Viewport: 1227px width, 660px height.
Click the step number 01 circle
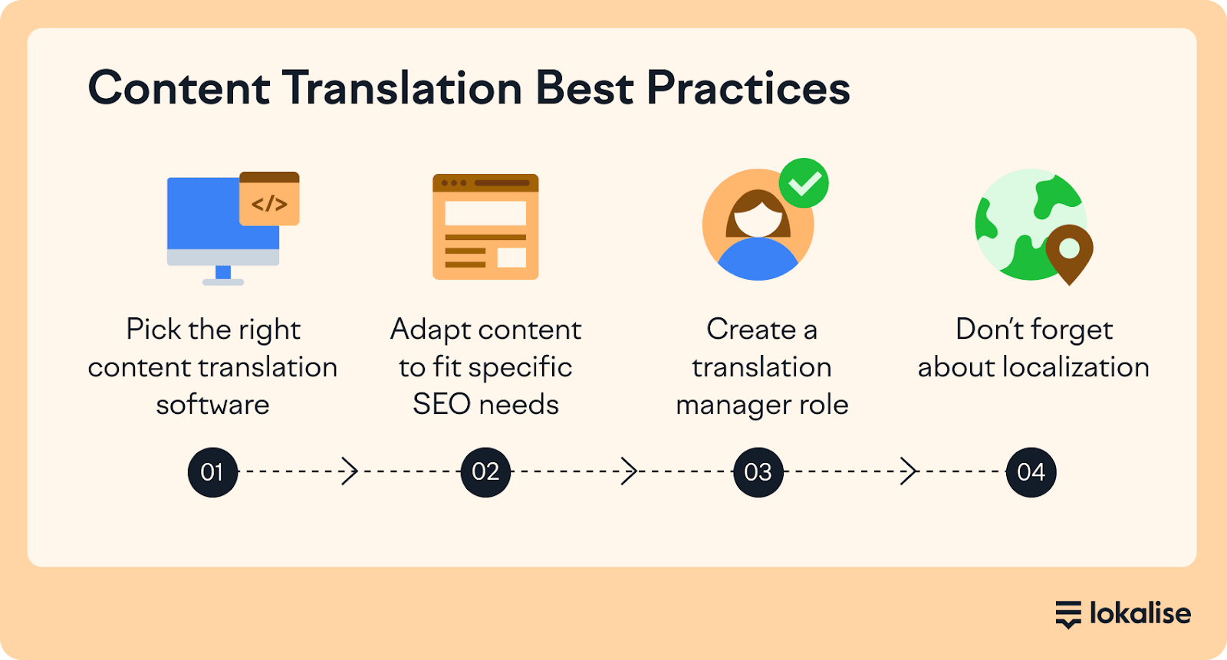[212, 472]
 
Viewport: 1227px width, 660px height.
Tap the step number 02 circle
[485, 472]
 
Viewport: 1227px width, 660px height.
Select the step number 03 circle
[758, 472]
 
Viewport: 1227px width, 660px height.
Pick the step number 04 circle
[1031, 472]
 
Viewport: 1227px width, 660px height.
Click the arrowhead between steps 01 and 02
[350, 471]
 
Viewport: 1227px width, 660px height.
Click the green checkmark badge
[804, 183]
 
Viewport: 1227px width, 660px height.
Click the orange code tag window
[269, 199]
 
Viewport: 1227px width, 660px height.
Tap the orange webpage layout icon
[485, 227]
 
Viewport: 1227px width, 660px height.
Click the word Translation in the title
[402, 88]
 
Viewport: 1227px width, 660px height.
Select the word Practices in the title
[748, 88]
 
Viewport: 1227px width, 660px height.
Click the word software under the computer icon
[212, 405]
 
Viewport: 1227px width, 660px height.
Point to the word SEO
[442, 405]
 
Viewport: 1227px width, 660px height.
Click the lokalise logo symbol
[1068, 614]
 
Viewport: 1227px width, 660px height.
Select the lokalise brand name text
[1140, 613]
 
